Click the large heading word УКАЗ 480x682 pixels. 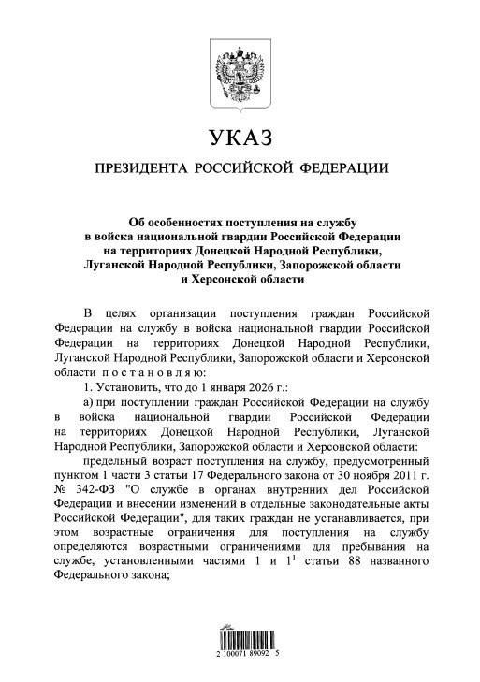[239, 138]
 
